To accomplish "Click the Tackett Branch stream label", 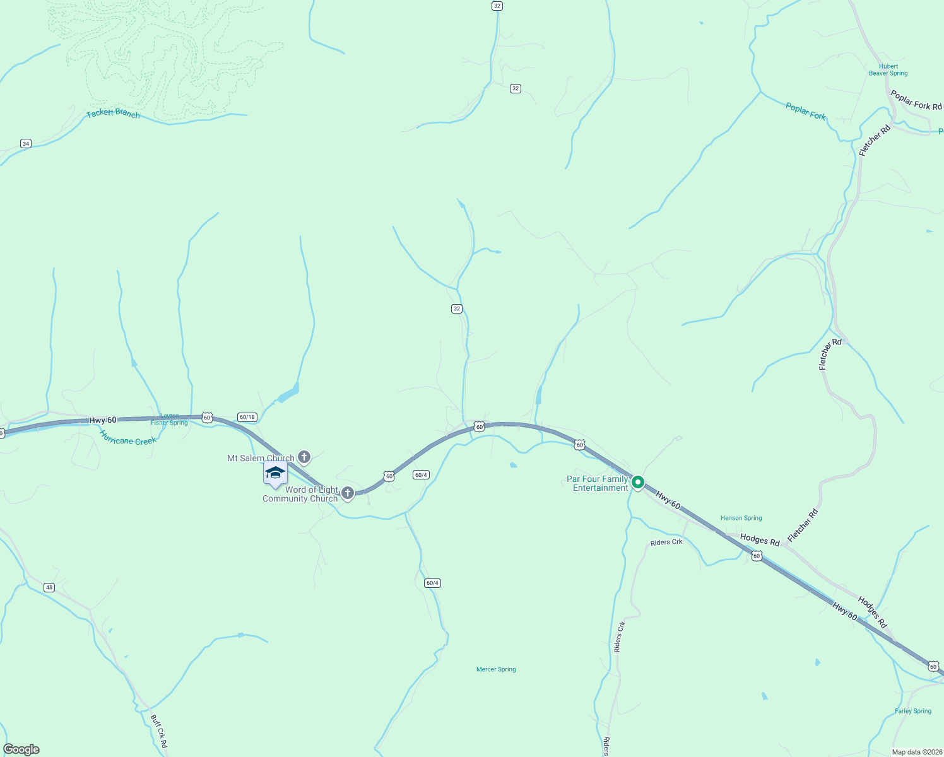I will point(114,114).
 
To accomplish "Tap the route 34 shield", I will point(25,144).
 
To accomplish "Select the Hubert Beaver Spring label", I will point(888,70).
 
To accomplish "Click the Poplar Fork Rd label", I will point(916,100).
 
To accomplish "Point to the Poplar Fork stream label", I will point(806,111).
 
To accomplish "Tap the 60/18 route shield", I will point(247,417).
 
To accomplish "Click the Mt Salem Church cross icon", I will point(304,457).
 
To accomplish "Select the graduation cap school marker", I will point(275,473).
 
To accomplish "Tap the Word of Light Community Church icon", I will point(347,492).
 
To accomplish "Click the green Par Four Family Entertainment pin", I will point(638,483).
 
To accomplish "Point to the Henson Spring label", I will point(741,518).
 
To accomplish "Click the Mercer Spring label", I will point(496,669).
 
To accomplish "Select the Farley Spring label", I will point(912,711).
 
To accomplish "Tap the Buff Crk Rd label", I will point(159,731).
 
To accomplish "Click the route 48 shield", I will point(49,587).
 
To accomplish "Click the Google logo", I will point(21,749).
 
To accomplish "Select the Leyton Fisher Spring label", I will point(169,420).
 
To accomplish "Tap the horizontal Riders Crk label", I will point(666,542).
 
